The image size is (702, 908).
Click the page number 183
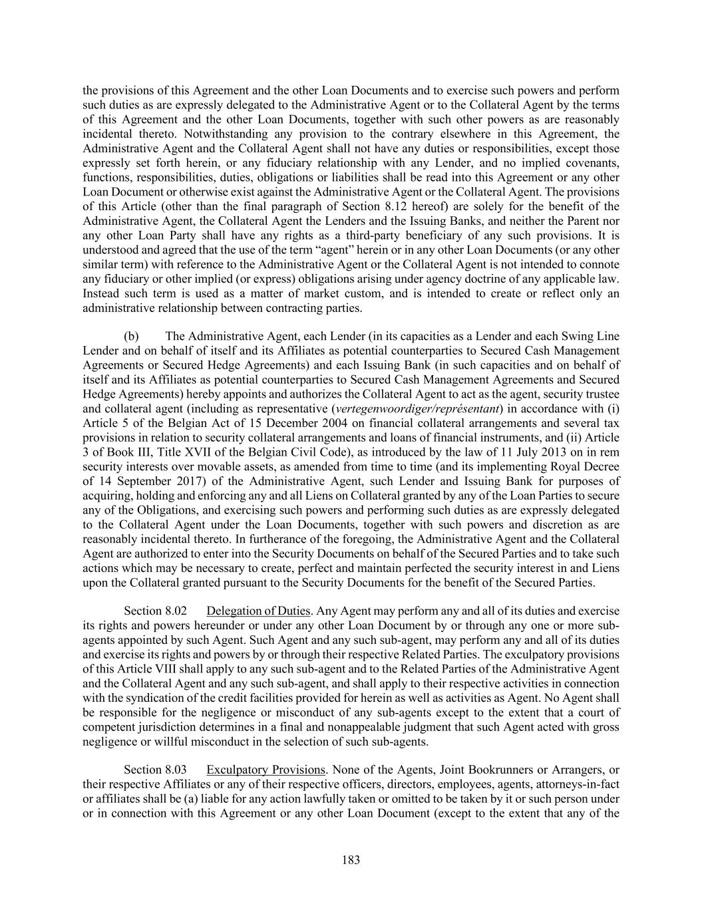pyautogui.click(x=351, y=860)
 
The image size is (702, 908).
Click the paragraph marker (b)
pyautogui.click(x=131, y=336)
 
